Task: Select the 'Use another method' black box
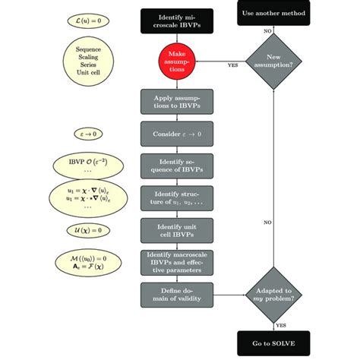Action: point(273,13)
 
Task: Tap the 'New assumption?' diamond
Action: point(273,63)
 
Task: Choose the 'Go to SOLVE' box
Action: point(273,344)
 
